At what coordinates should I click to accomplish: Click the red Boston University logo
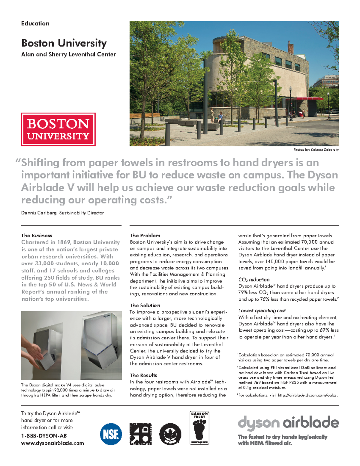point(58,129)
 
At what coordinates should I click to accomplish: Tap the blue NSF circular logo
point(111,434)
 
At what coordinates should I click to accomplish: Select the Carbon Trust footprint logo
point(199,428)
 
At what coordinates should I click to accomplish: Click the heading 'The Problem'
point(145,236)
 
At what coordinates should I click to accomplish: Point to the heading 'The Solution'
point(145,305)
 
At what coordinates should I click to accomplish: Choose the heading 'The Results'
point(143,375)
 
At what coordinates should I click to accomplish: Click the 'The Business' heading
point(37,236)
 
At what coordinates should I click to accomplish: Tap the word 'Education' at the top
point(35,23)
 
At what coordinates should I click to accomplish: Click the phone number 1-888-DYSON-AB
point(44,436)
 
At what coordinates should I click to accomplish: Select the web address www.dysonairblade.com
point(52,443)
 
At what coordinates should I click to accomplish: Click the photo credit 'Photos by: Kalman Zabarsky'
point(316,149)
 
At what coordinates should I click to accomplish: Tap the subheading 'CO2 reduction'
point(254,280)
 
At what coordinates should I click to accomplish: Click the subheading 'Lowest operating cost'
point(262,311)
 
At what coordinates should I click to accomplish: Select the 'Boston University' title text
point(64,43)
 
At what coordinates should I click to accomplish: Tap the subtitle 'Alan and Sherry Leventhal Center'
point(68,55)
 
